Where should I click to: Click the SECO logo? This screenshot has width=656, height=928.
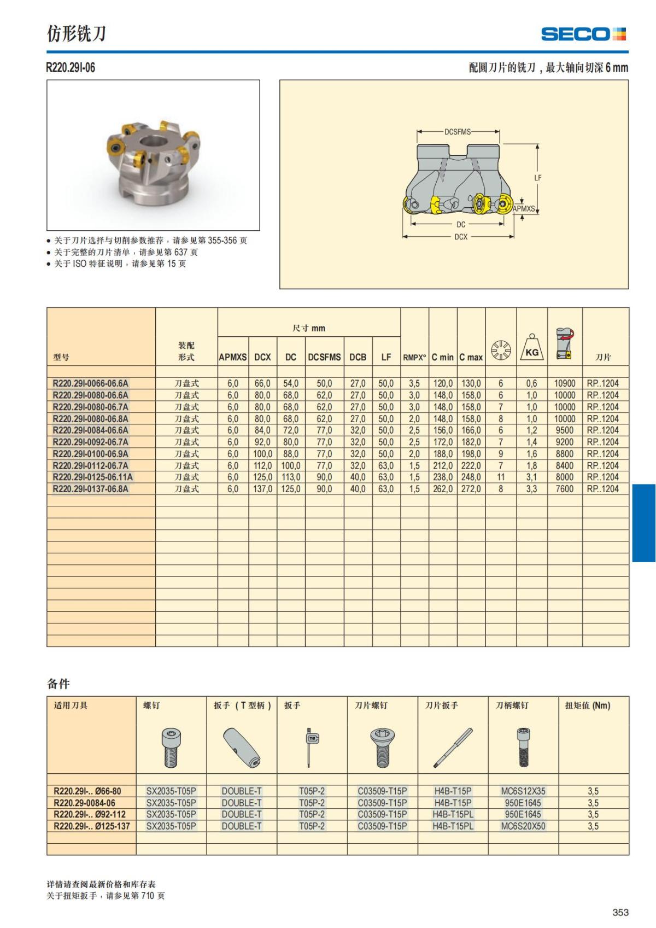coord(583,34)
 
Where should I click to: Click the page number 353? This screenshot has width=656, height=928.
coord(620,912)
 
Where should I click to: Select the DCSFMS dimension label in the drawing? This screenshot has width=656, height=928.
coord(458,132)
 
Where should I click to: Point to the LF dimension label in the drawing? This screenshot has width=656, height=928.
coord(537,178)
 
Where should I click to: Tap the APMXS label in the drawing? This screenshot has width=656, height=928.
coord(524,208)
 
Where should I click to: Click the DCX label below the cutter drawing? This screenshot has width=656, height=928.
coord(461,237)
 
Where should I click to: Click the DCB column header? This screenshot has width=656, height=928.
coord(358,357)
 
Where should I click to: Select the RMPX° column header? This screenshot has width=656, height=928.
coord(414,358)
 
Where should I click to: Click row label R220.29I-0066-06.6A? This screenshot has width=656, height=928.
coord(91,383)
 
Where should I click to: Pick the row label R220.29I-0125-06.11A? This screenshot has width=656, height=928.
coord(92,477)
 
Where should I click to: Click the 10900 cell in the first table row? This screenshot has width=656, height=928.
coord(565,383)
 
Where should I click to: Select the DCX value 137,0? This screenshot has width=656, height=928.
coord(262,489)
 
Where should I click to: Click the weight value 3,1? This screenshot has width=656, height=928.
coord(531,477)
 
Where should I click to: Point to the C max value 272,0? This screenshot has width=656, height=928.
coord(471,489)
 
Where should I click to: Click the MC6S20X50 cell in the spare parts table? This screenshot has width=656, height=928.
coord(523,826)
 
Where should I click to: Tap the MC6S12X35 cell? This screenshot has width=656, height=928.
coord(523,791)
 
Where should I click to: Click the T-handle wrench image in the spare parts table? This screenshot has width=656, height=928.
coord(242,748)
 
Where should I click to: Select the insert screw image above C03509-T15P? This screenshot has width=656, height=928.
coord(383,748)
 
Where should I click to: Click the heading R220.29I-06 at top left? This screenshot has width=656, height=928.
coord(71,67)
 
